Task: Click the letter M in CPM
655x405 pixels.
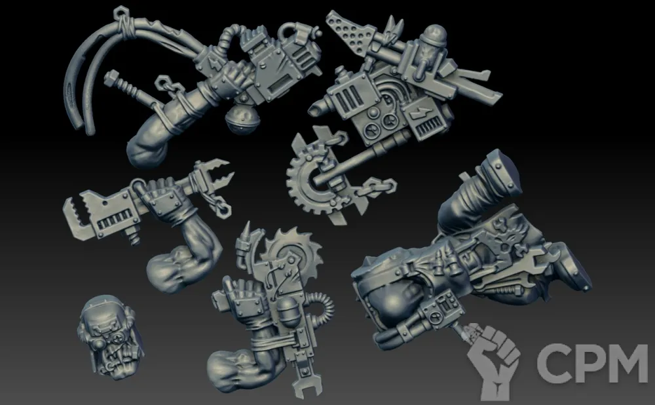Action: [x=624, y=363]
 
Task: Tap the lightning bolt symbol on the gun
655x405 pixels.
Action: [x=419, y=113]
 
